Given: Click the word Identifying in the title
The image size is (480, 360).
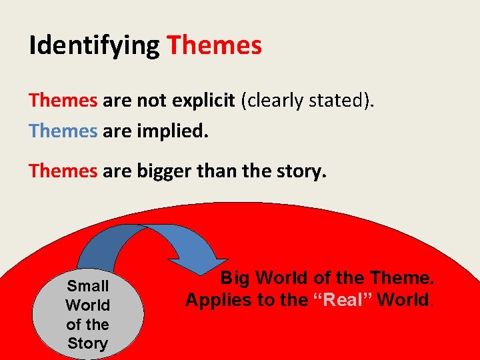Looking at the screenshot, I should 94,46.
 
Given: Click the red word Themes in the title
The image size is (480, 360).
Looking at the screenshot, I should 214,46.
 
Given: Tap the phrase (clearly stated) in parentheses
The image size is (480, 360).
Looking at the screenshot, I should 308,101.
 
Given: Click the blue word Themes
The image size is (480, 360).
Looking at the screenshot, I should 63,131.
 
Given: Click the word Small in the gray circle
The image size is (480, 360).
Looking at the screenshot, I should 88,286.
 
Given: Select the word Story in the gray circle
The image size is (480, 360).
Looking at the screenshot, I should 87,343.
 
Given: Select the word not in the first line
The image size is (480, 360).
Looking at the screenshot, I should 150,101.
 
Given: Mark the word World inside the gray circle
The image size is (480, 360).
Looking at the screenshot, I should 87,305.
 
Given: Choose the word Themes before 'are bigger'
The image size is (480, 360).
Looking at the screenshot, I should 63,171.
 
